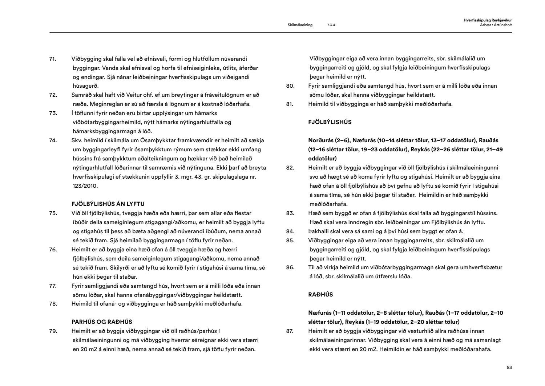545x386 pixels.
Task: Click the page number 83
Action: [509, 368]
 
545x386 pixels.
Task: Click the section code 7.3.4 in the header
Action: [331, 25]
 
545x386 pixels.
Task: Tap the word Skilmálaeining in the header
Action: [300, 25]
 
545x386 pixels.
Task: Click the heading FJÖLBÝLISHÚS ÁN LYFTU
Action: [108, 204]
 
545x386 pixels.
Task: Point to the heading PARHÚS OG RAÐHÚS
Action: [102, 322]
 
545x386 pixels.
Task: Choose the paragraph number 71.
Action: [53, 59]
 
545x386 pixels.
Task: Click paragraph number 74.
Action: [53, 140]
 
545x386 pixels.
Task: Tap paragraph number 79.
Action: [53, 331]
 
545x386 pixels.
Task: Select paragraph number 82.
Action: [290, 168]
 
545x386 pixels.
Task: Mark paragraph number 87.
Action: [290, 331]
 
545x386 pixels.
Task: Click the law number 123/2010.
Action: [85, 186]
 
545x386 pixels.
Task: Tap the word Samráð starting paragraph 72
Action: [82, 95]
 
